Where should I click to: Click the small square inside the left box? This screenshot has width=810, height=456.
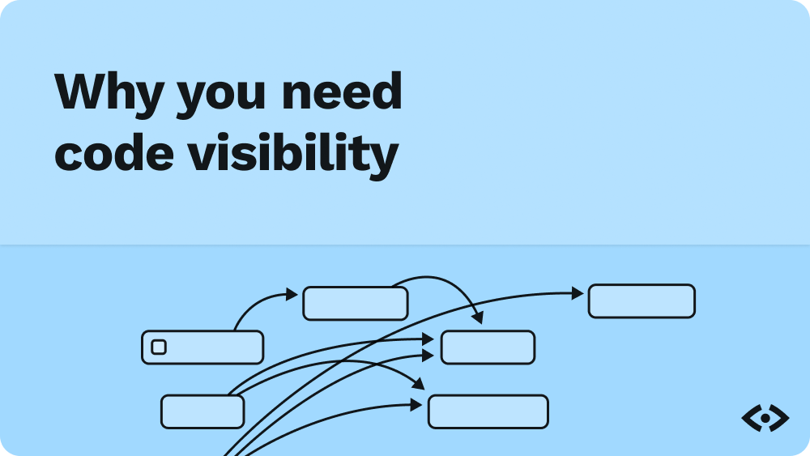click(159, 347)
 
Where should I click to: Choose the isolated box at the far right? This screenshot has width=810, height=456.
click(642, 301)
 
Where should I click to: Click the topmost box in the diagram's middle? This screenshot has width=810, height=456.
click(355, 304)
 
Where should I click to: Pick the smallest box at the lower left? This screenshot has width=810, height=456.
click(202, 411)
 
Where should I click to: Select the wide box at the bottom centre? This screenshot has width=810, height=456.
click(488, 411)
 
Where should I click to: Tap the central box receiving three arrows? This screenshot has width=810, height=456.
click(488, 347)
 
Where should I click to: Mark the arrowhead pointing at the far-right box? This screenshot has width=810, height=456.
click(578, 293)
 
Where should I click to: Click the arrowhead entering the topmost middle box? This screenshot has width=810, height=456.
click(292, 294)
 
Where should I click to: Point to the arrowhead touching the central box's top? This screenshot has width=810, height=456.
click(477, 318)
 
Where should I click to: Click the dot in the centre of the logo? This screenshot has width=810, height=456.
click(765, 418)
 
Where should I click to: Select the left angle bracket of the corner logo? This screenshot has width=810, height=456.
click(750, 418)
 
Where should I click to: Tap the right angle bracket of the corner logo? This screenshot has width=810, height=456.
click(780, 418)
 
